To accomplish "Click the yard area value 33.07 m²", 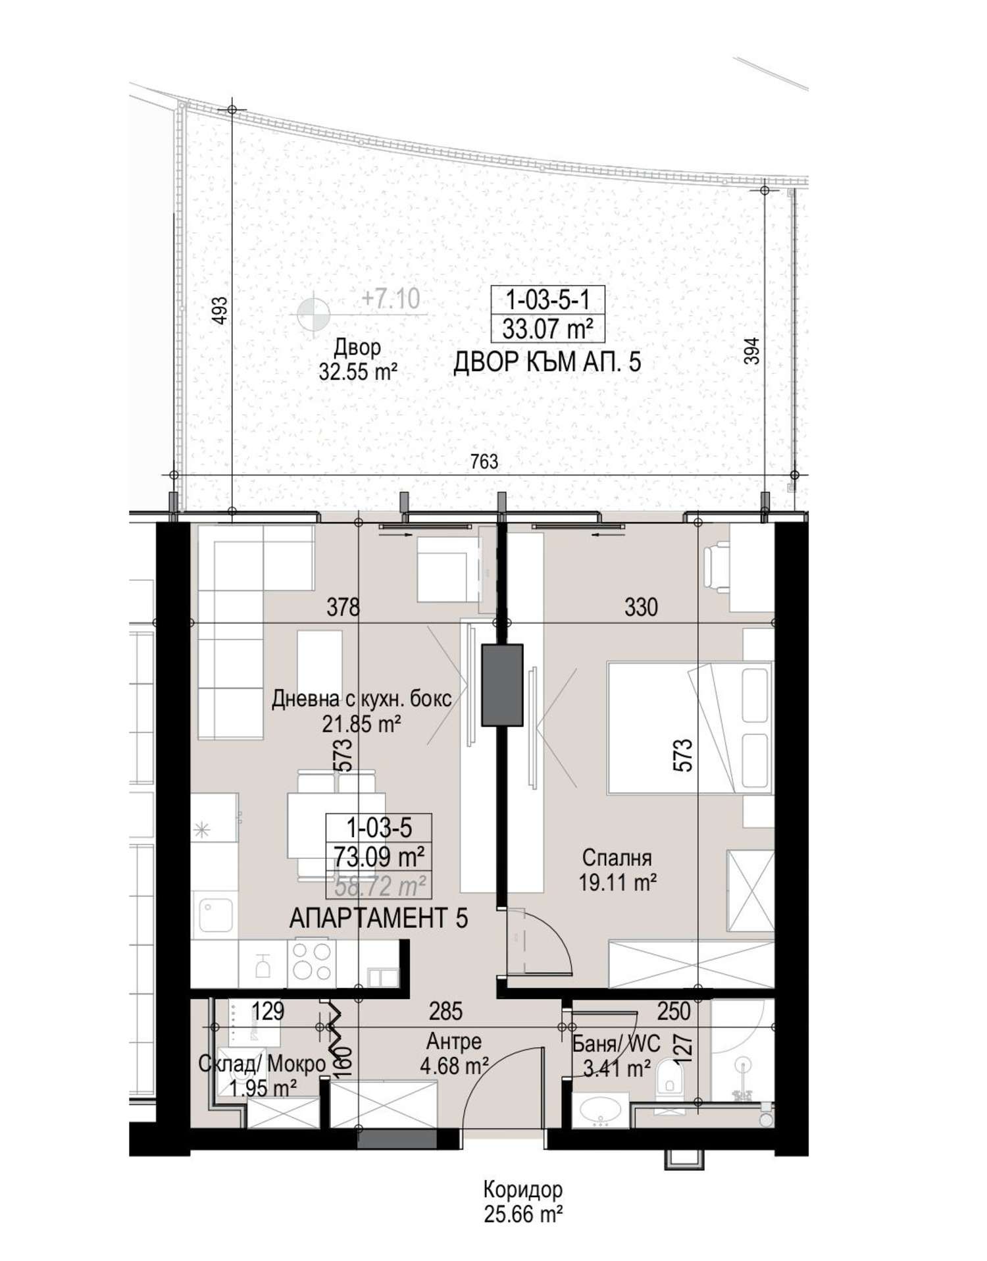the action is (x=547, y=328).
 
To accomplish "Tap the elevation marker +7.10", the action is (x=391, y=299).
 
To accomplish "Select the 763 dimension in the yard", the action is (x=484, y=462).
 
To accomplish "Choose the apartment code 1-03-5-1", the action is (x=547, y=300).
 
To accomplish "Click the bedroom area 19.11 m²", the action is (x=617, y=883).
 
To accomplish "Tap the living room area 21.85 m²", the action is (x=361, y=725).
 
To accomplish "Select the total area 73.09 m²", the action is (x=379, y=857).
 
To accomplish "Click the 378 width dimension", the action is (x=343, y=607).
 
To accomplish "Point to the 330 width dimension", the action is (x=640, y=607).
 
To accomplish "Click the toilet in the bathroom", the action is (x=671, y=1079).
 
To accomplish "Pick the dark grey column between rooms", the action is (x=502, y=685).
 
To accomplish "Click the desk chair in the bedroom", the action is (x=717, y=565).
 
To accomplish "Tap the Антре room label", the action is (x=454, y=1041).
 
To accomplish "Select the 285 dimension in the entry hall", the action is (x=446, y=1011).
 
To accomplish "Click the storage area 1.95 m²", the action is (x=263, y=1089).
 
